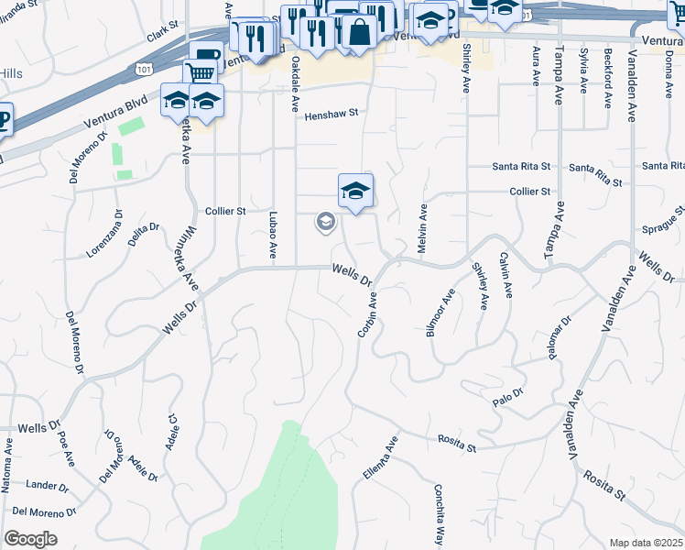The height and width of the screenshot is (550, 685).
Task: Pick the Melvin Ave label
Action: pos(423,229)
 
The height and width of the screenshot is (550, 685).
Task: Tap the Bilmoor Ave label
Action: pos(440,313)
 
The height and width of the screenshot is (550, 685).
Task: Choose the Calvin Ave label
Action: pos(505,276)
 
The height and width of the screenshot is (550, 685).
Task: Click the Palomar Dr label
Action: pos(560,338)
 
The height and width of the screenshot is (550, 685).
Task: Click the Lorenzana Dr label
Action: pos(104,236)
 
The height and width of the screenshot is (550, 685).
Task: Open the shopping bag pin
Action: pos(360,32)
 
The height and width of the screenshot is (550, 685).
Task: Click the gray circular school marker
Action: pos(325,221)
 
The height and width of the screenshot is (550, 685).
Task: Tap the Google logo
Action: pos(31,538)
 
